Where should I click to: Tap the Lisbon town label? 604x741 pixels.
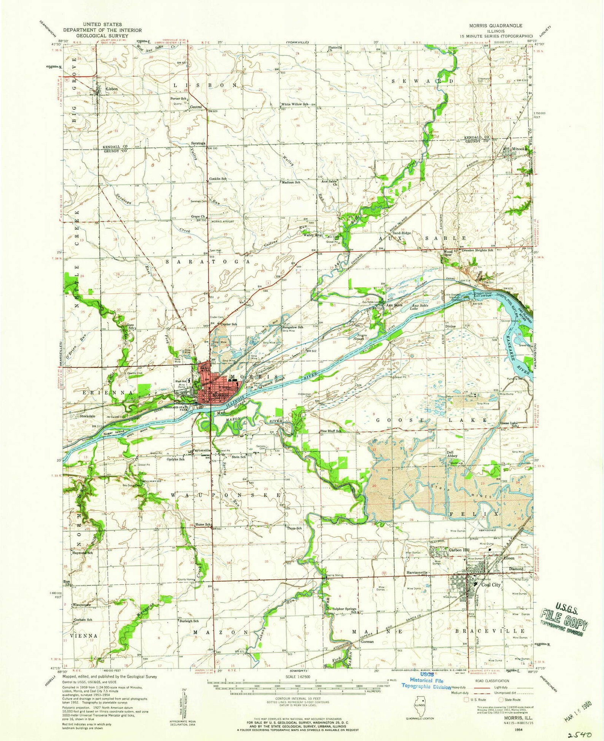tap(112, 89)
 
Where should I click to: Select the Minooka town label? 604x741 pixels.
tap(520, 149)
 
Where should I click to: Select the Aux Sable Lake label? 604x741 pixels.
tap(420, 307)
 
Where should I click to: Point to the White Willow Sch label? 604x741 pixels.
tap(294, 104)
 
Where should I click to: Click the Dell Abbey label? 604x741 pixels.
tap(452, 453)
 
